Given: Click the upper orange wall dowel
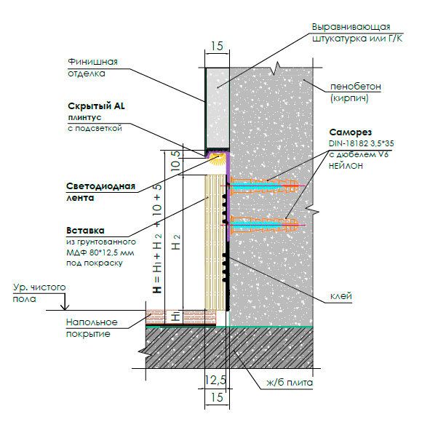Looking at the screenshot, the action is tap(264, 186).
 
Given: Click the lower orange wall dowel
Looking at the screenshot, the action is tap(264, 224).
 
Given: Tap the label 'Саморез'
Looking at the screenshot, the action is tap(351, 132).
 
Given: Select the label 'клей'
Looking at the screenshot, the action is tap(341, 296).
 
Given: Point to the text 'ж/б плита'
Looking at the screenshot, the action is tap(290, 383).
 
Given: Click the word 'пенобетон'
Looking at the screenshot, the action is tap(356, 87).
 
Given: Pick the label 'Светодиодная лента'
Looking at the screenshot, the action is tap(100, 192).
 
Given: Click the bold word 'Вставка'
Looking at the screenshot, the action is tap(85, 231).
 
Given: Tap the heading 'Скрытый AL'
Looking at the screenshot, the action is tap(96, 106).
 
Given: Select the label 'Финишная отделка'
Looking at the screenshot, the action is tap(92, 68).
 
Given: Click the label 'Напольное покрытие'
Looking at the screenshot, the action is tap(92, 328).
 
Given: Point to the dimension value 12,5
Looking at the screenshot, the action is tap(215, 381).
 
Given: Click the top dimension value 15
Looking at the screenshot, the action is tap(217, 46).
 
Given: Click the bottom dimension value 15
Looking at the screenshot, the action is tap(217, 397).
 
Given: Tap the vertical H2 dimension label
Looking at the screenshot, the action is tap(176, 242).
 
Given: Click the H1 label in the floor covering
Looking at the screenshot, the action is tap(175, 316).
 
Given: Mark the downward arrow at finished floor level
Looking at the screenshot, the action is tap(64, 301).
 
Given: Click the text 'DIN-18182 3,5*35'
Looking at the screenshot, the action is tap(361, 143).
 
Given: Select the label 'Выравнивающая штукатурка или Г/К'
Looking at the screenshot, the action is tap(357, 33).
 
